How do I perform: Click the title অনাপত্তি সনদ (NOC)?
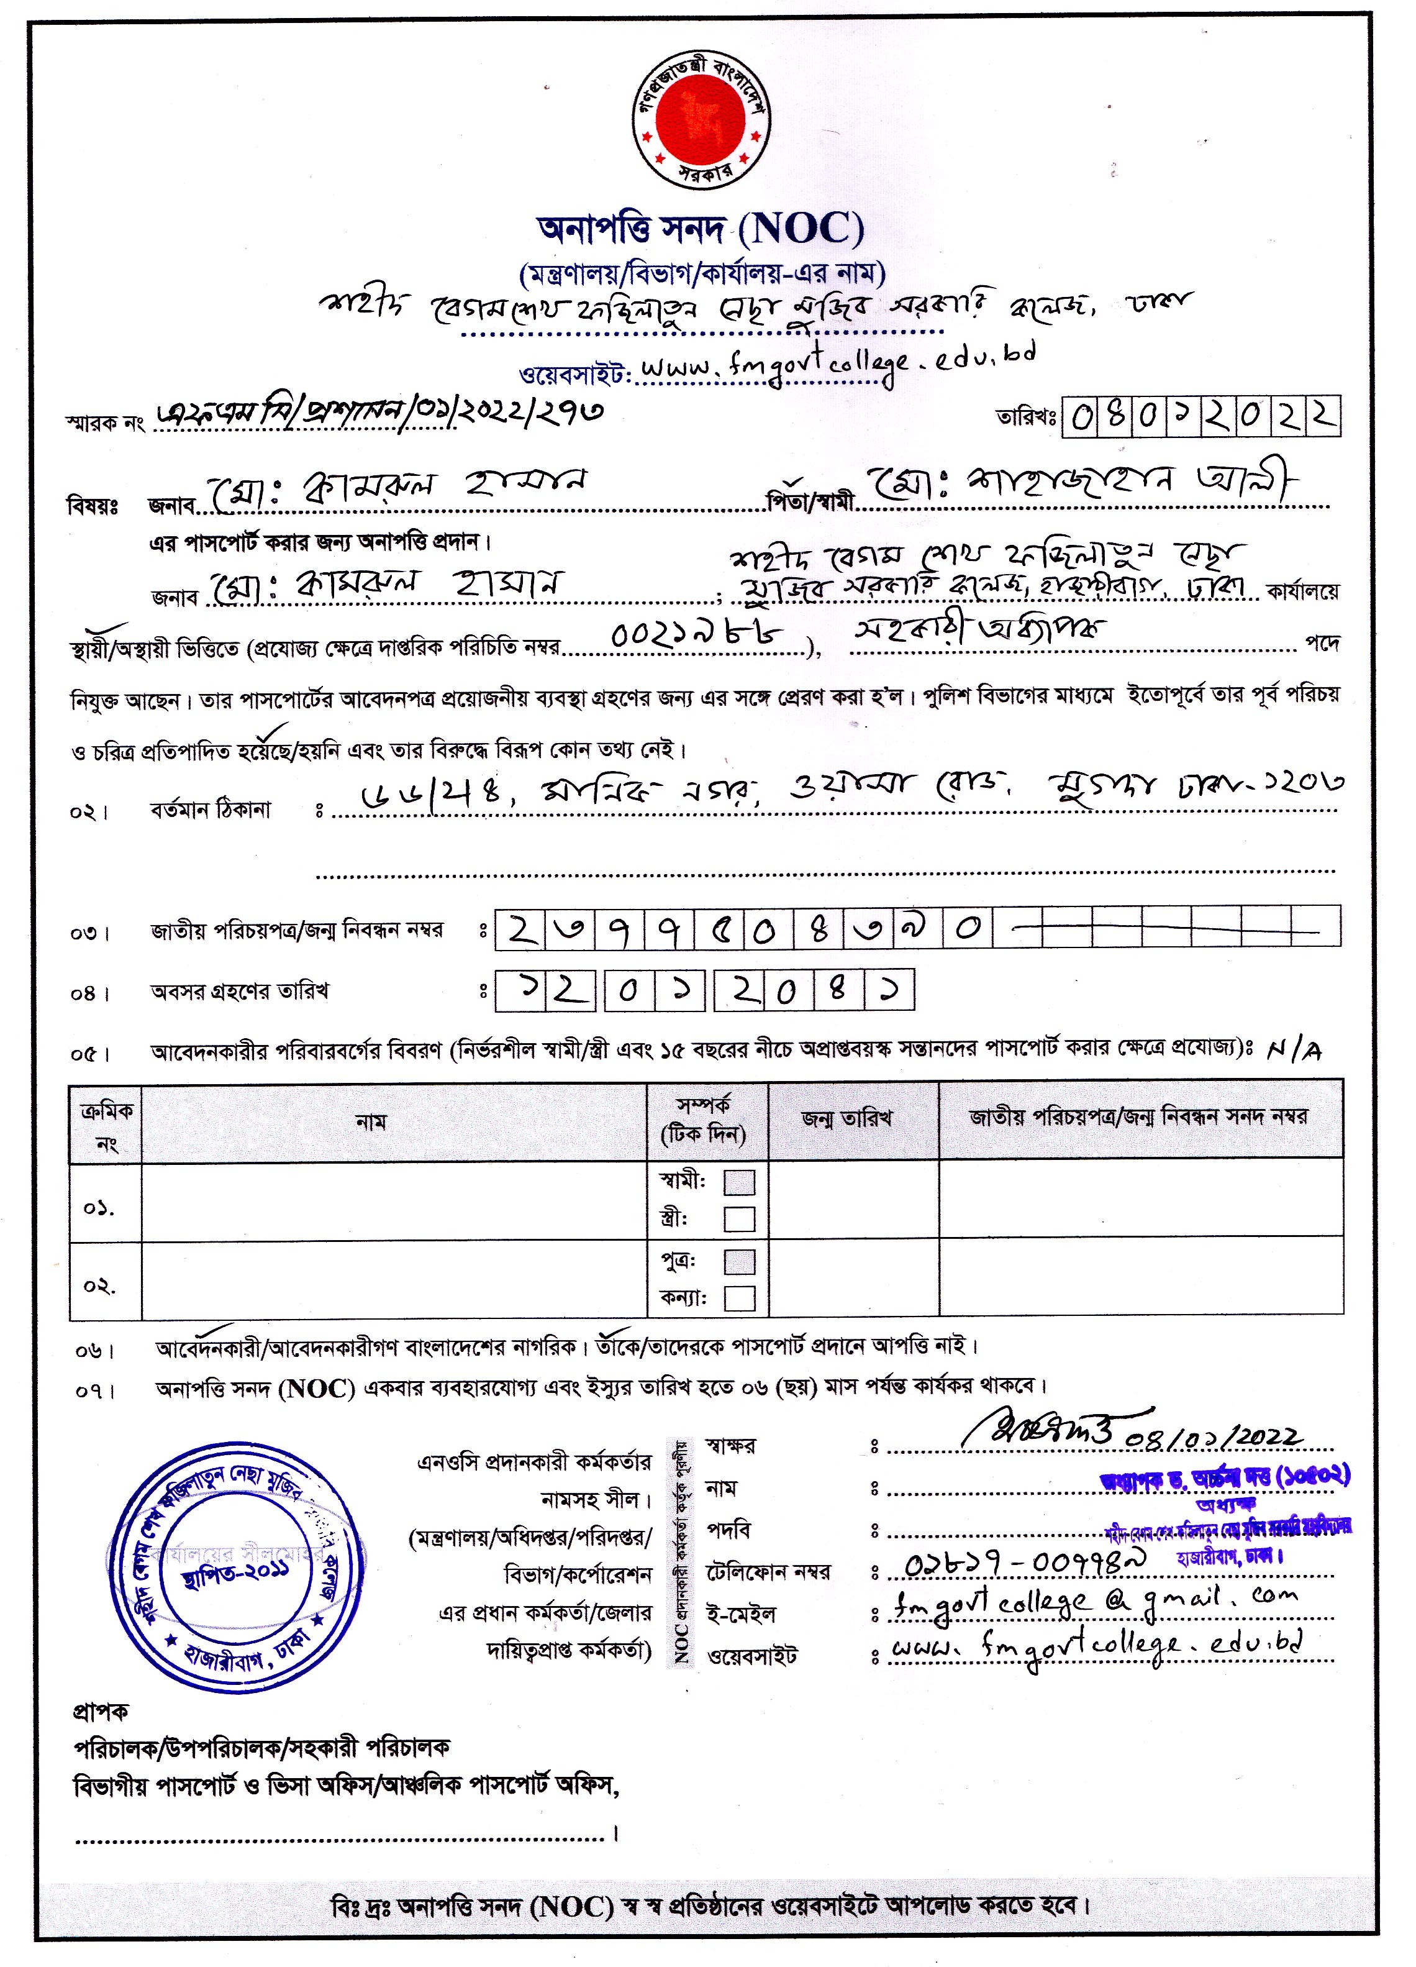click(701, 229)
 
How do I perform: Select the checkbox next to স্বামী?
click(739, 1182)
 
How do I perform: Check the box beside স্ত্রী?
click(739, 1220)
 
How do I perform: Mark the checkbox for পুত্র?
click(739, 1262)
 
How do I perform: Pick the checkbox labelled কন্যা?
click(739, 1298)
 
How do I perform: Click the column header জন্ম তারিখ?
click(846, 1119)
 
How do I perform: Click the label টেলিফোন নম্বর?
click(768, 1571)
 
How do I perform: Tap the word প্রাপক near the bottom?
click(101, 1711)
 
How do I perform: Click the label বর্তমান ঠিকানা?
click(211, 810)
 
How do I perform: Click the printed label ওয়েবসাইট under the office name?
click(572, 375)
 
